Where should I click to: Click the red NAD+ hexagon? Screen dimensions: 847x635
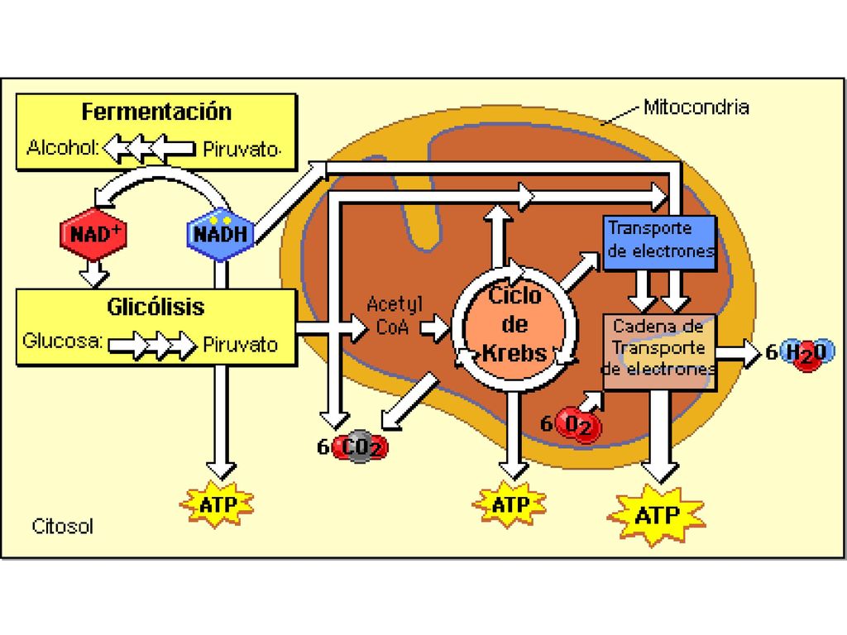coord(93,234)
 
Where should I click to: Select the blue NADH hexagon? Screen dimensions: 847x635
coord(220,234)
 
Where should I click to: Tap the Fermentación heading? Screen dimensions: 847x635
coord(156,112)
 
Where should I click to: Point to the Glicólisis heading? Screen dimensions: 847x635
coord(156,307)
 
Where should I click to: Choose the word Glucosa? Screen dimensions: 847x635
coord(62,341)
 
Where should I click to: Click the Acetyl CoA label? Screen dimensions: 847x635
coord(393,316)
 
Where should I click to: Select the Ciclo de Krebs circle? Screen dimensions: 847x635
coord(514,324)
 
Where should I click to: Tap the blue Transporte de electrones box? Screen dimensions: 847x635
coord(660,242)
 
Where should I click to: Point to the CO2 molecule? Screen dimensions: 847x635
coord(360,447)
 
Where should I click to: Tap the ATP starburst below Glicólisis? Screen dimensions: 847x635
coord(218,504)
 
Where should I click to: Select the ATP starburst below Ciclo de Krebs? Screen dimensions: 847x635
coord(510,504)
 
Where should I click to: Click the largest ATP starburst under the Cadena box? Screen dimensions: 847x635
coord(656,514)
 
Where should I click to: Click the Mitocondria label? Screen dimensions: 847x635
coord(696,107)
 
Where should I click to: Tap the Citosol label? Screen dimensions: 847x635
coord(63,526)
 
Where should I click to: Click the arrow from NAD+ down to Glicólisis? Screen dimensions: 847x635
coord(94,275)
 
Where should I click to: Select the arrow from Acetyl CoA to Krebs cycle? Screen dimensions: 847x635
coord(435,327)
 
